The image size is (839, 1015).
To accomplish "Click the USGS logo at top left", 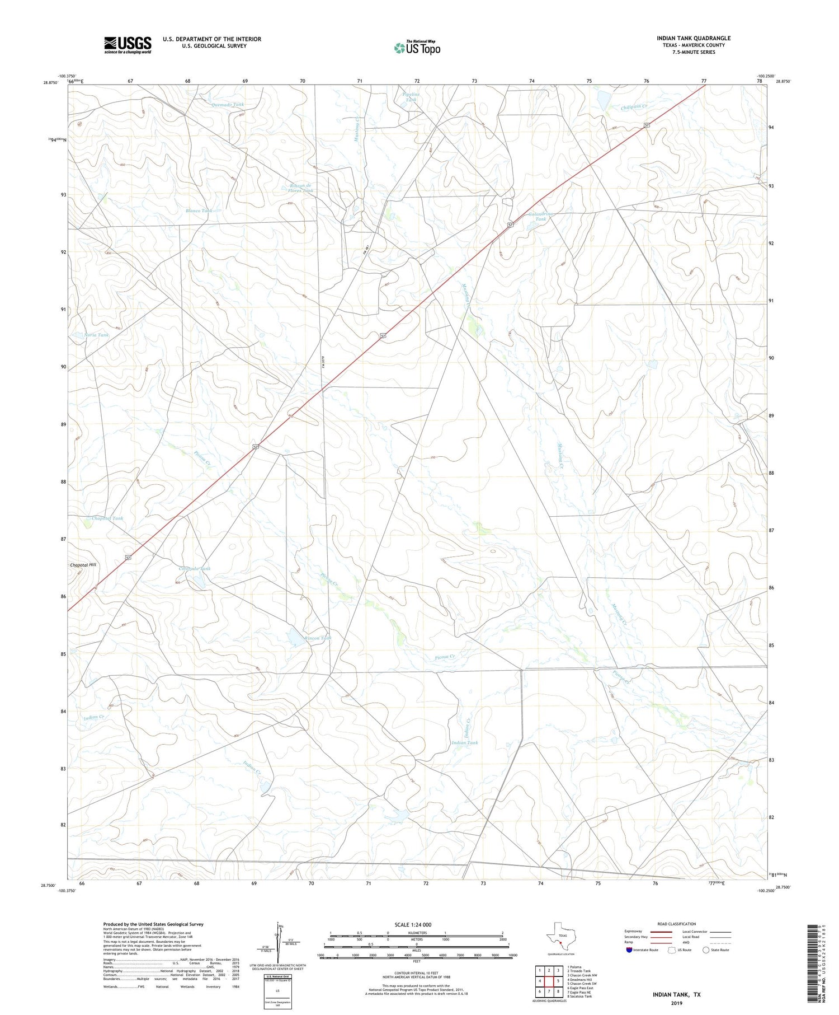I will point(128,45).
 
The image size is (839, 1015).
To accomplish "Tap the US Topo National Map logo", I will point(417,48).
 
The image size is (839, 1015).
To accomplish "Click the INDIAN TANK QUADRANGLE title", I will point(693,38).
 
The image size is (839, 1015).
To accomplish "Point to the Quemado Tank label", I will point(228,105).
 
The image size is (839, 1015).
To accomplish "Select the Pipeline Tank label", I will point(411,97).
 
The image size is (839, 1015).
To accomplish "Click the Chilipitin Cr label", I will point(633,106).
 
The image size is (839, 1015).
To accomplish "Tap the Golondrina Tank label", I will point(540,216).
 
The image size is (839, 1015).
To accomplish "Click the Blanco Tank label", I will point(199,211).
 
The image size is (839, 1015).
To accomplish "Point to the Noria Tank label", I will point(96,335).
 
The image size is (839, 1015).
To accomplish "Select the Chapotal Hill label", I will point(83,565).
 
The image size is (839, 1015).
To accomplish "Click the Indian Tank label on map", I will point(465,743).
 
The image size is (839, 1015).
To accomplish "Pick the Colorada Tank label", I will point(194,569).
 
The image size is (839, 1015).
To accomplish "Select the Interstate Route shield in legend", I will point(629,950).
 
